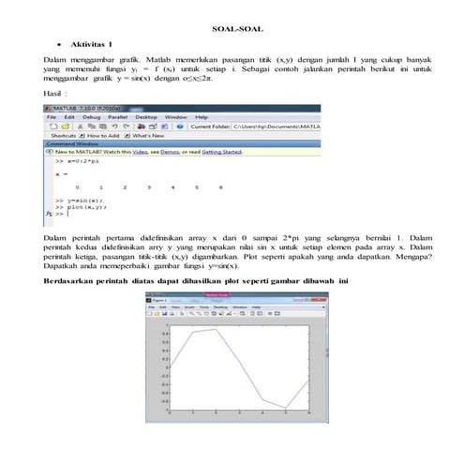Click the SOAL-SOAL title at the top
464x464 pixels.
(x=232, y=29)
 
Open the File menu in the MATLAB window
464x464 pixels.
(x=55, y=116)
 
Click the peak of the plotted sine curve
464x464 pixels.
(x=216, y=328)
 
